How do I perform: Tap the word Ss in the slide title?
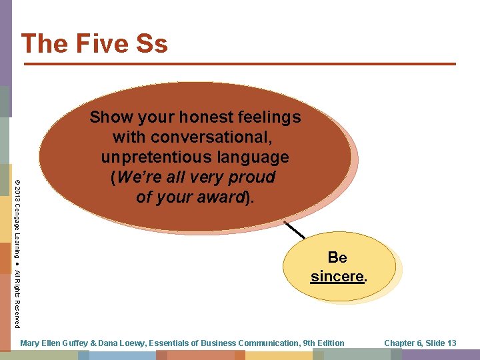(x=151, y=43)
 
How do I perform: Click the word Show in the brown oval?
(x=111, y=117)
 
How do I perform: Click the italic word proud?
(x=251, y=177)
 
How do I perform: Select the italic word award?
(x=223, y=197)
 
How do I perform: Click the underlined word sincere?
(x=337, y=276)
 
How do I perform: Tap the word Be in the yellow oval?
(x=337, y=257)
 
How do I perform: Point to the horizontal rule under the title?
(x=240, y=64)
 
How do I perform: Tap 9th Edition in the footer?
(x=323, y=343)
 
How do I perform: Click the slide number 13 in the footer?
(x=451, y=343)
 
